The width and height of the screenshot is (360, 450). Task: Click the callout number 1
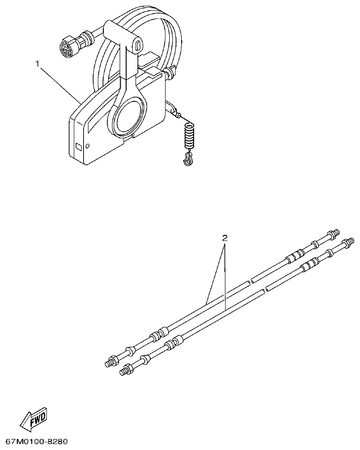37,63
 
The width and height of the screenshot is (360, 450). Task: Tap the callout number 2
224,238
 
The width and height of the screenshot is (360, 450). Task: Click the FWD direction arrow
33,420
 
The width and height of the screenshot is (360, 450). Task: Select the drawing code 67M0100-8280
37,441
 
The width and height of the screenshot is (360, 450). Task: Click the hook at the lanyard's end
188,159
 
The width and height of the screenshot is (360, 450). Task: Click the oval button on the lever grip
138,46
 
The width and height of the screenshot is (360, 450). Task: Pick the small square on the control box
79,146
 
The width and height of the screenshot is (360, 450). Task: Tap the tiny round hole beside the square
87,145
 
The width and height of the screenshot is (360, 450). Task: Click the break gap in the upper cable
249,282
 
